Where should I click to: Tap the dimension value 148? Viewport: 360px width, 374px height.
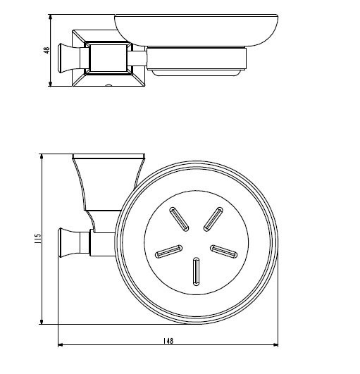coord(168,340)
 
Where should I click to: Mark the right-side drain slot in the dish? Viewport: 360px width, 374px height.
coord(224,250)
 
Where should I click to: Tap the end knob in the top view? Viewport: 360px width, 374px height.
coord(70,242)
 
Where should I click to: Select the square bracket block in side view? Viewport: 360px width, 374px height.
coord(107,58)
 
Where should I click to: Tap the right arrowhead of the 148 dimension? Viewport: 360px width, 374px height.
coord(275,345)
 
